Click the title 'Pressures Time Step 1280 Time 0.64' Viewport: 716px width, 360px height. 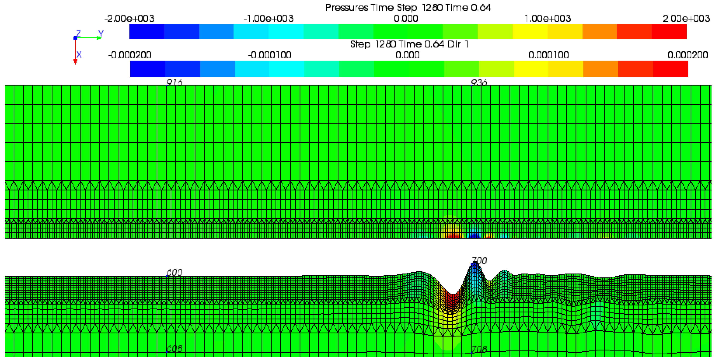(x=408, y=8)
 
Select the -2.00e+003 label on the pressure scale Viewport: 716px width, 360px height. (x=129, y=19)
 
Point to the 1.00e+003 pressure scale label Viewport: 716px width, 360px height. (x=547, y=19)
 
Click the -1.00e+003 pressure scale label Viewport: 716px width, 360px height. (x=268, y=19)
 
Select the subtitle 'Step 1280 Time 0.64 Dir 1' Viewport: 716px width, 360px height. (x=409, y=44)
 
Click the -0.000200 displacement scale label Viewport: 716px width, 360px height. (x=130, y=55)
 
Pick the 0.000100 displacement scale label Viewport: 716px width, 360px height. (x=548, y=55)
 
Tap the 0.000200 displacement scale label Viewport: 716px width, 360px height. (x=687, y=55)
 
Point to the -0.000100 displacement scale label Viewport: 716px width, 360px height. (x=270, y=55)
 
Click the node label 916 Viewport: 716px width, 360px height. (x=174, y=82)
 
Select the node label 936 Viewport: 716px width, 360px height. (x=479, y=82)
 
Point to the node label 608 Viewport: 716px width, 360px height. (x=174, y=349)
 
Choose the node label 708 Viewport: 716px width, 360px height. (x=479, y=349)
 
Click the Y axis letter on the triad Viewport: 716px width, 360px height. (x=101, y=34)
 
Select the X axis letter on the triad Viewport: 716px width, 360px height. (x=79, y=55)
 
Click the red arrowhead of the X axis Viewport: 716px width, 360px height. (x=75, y=62)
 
